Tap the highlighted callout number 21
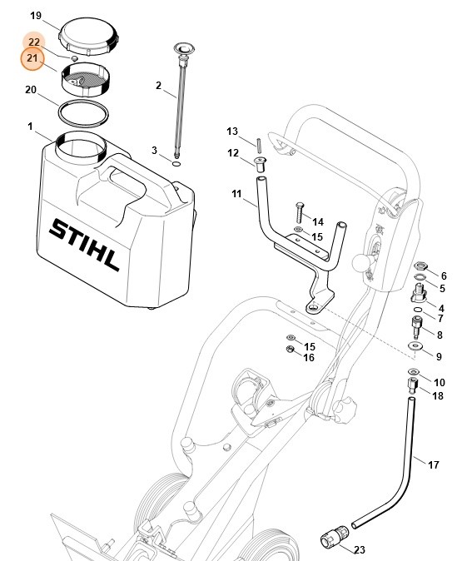[32, 58]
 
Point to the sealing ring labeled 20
[83, 111]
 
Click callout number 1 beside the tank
[30, 127]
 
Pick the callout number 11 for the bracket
[237, 194]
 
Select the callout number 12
[234, 152]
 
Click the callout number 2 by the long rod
[159, 85]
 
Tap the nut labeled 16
[291, 349]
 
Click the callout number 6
[443, 276]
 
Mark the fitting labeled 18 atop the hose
[411, 387]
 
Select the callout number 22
[33, 42]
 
